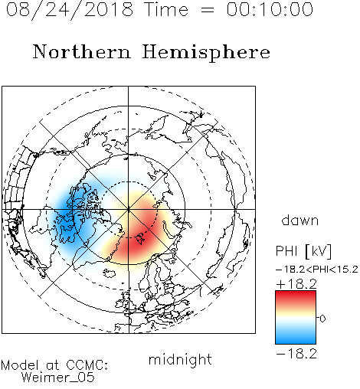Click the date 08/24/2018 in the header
coord(70,10)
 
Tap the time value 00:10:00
coord(270,9)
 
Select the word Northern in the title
coord(82,51)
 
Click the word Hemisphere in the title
coord(206,53)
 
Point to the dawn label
coord(300,220)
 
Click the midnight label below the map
coord(180,359)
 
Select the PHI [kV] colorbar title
coord(303,251)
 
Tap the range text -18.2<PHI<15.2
coord(317,270)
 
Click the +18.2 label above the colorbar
coord(296,284)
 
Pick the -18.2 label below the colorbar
coord(296,354)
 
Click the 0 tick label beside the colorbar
coord(322,319)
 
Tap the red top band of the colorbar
coord(296,296)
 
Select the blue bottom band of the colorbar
coord(296,338)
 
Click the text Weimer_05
coord(58,378)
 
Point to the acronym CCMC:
coord(87,365)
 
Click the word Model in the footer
coord(20,365)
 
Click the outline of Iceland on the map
coord(110,273)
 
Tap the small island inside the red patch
coord(140,238)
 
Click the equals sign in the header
coord(207,10)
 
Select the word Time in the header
coord(166,10)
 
